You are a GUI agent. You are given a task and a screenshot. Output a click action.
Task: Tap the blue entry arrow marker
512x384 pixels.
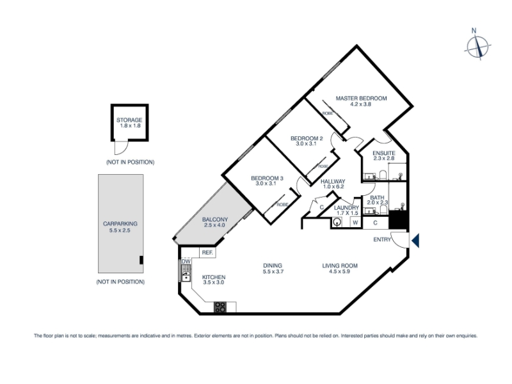[x=415, y=241]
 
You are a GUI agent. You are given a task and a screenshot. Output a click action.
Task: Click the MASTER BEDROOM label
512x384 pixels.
[x=361, y=99]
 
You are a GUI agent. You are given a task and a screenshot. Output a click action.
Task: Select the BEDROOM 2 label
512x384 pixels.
[x=307, y=138]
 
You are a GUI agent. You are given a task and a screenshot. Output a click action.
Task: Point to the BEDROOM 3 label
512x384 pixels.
[x=267, y=179]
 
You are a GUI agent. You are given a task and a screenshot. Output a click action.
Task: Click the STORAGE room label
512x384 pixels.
[x=129, y=120]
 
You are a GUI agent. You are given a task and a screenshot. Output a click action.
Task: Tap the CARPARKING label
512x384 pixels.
[x=120, y=223]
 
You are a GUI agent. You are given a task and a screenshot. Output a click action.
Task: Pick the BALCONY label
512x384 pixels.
[x=215, y=220]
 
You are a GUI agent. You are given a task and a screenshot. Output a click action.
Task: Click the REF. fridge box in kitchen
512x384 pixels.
[x=207, y=253]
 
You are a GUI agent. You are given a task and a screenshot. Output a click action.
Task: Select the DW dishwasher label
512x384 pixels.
[x=186, y=262]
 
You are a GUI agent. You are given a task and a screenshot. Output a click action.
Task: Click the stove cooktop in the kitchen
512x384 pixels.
[x=220, y=307]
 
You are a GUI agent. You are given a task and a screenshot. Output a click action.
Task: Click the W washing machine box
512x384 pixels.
[x=356, y=223]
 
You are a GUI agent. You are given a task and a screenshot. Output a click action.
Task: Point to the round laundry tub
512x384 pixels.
[x=337, y=223]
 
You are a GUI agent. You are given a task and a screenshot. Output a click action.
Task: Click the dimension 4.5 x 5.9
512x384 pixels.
[x=340, y=271]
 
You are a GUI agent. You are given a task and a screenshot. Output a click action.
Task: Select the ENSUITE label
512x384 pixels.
[x=384, y=153]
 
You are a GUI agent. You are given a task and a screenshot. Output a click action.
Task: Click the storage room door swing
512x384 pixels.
[x=120, y=148]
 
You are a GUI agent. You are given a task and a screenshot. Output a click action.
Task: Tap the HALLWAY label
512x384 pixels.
[x=333, y=182]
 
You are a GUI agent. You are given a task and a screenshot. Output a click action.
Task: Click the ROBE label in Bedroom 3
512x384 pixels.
[x=282, y=205]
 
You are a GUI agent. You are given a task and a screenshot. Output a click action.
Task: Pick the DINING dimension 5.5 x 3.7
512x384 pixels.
[x=273, y=271]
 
